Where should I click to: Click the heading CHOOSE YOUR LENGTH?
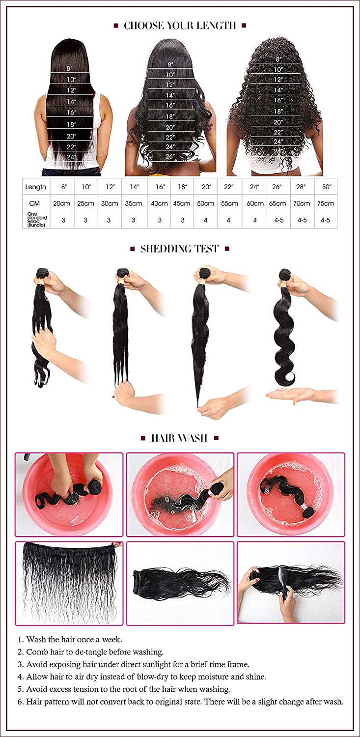pyautogui.click(x=180, y=26)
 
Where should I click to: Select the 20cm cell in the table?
pyautogui.click(x=63, y=203)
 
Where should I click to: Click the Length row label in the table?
pyautogui.click(x=36, y=187)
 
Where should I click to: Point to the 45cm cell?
pyautogui.click(x=183, y=203)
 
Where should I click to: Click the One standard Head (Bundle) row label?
pyautogui.click(x=36, y=220)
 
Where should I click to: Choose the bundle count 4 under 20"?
pyautogui.click(x=206, y=220)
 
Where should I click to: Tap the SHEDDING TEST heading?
pyautogui.click(x=180, y=249)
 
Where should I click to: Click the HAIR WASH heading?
pyautogui.click(x=179, y=438)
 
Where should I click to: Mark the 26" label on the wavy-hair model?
pyautogui.click(x=170, y=157)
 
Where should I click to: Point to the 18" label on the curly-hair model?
pyautogui.click(x=278, y=112)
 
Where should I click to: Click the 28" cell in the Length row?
pyautogui.click(x=302, y=187)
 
